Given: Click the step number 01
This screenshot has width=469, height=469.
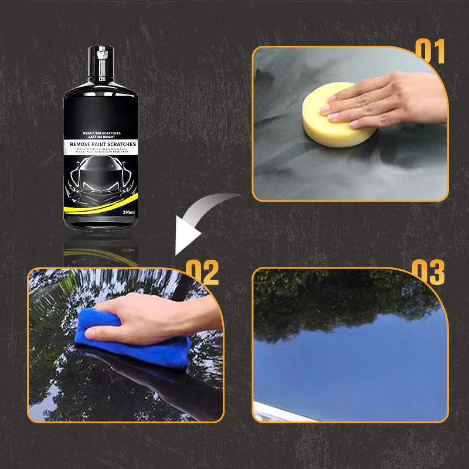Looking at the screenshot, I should click(x=430, y=52).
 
